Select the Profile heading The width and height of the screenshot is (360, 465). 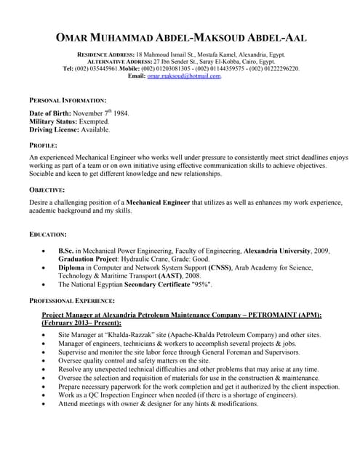tap(43, 146)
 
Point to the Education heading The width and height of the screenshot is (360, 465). tap(48, 234)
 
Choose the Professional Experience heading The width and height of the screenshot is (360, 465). tap(71, 300)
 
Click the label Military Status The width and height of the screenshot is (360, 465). tap(54, 121)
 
